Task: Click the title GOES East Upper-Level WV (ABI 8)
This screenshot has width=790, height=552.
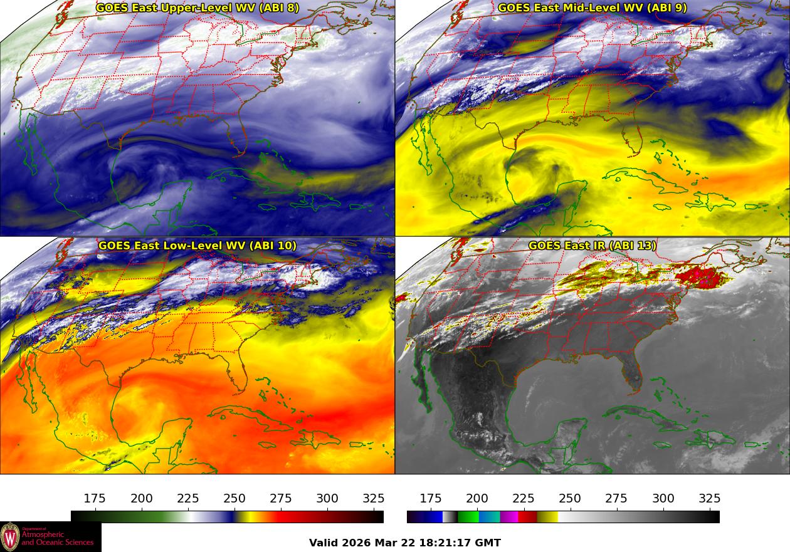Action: click(197, 8)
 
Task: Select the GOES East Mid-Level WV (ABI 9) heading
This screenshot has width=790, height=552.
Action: click(592, 8)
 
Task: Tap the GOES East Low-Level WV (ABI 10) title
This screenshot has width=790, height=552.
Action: click(197, 246)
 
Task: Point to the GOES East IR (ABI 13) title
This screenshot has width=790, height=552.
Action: click(592, 246)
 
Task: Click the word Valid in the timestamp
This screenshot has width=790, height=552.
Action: click(324, 543)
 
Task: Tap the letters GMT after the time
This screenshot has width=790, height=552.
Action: click(488, 543)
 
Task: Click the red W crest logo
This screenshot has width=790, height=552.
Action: click(10, 537)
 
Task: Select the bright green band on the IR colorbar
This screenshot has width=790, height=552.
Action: click(468, 517)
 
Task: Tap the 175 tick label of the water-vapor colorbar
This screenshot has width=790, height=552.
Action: click(95, 499)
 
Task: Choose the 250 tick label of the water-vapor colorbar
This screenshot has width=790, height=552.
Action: click(234, 499)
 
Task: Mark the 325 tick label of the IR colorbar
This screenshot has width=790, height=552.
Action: click(710, 499)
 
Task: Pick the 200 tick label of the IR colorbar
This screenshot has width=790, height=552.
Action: click(477, 499)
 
